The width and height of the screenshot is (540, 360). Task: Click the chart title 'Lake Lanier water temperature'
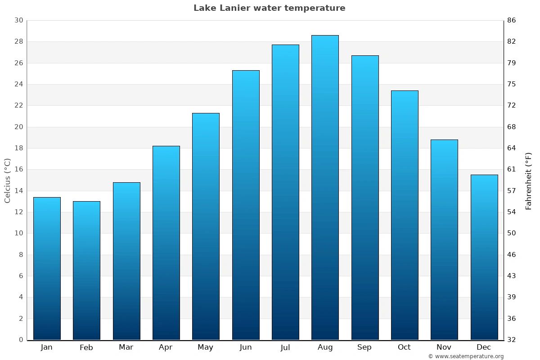point(269,8)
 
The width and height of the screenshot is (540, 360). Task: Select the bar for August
point(325,187)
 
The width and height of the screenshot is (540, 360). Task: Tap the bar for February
point(86,270)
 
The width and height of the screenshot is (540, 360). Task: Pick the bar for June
point(246,205)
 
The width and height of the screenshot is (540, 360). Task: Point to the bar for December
point(484,257)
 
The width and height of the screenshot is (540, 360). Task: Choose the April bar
point(166,243)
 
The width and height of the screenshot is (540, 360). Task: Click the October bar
point(405,215)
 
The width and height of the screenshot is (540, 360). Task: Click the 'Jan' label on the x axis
point(46,347)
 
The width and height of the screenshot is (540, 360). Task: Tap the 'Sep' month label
point(364,347)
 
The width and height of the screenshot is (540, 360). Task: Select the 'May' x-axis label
point(206,347)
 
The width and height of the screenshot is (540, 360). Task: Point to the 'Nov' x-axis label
point(444,347)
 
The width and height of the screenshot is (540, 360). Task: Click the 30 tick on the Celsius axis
point(18,20)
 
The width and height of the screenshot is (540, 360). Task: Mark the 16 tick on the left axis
point(18,170)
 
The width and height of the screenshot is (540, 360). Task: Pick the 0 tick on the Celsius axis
point(21,340)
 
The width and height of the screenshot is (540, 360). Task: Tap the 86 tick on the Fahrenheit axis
point(512,20)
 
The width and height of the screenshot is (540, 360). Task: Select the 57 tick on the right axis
point(512,191)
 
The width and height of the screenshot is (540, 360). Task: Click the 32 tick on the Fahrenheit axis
point(512,340)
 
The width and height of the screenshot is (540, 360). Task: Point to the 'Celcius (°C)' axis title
point(7,180)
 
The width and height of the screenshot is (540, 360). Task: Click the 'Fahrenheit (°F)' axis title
point(528,181)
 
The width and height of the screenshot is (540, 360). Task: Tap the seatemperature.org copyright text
point(466,356)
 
